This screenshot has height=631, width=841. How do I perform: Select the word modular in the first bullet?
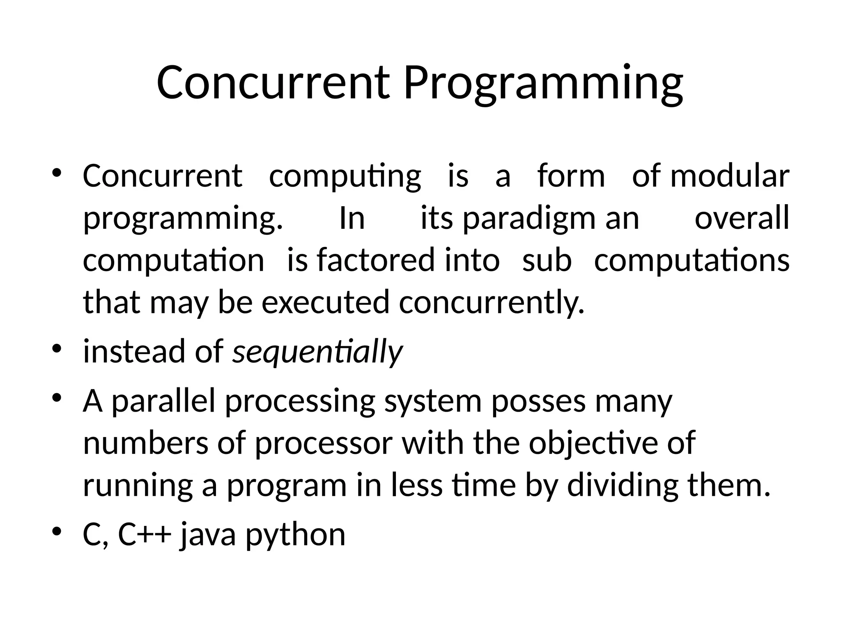coord(730,176)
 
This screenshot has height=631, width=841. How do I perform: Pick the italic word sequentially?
coord(317,352)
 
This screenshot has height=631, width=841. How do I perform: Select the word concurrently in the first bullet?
coord(491,302)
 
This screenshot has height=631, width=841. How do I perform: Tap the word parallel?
coord(163,401)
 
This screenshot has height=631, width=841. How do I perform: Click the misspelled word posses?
coord(538,401)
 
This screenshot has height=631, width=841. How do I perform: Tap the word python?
coord(295,536)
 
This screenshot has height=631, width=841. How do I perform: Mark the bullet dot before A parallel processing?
coord(57,398)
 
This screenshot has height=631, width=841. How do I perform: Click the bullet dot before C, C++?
coord(57,532)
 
